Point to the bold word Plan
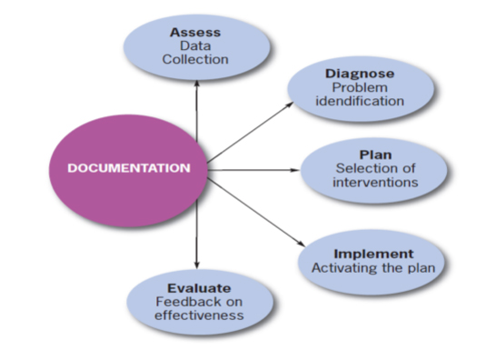pos(375,155)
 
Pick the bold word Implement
pos(374,254)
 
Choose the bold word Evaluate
pos(199,287)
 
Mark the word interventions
pos(376,182)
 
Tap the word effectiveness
pos(199,315)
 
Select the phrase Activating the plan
pos(374,268)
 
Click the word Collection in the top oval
pos(194,60)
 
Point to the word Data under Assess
pos(194,46)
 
